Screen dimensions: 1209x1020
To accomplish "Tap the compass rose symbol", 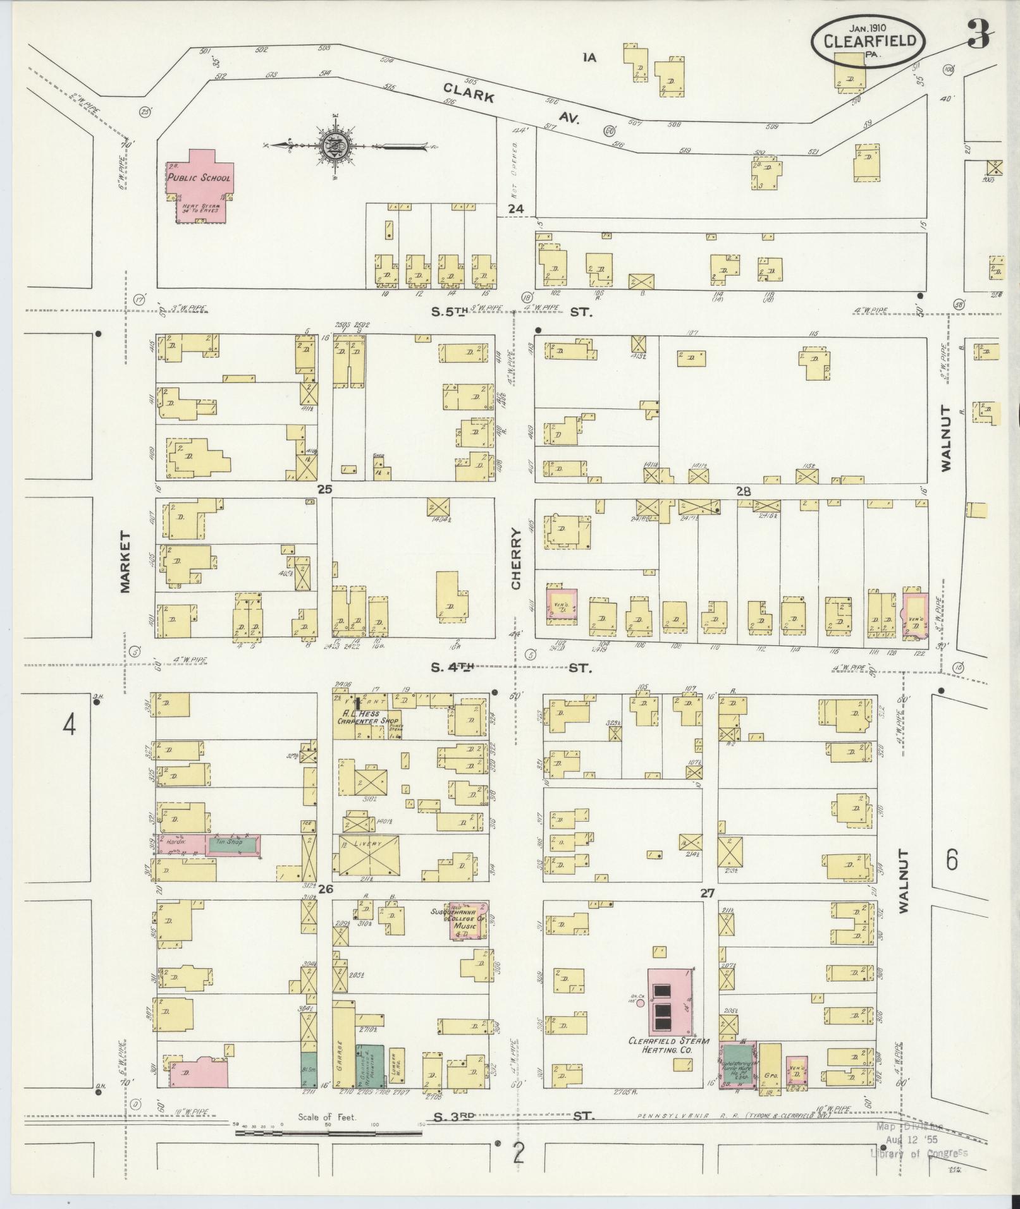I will tap(333, 146).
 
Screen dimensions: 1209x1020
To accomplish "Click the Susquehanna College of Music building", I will tap(468, 921).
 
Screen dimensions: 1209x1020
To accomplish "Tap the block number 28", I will tap(742, 490).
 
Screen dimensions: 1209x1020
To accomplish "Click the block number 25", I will tap(324, 489).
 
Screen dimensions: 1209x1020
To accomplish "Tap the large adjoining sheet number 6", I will tap(952, 860).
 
